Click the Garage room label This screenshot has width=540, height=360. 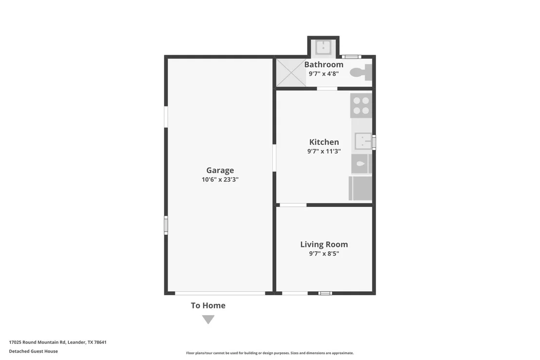pyautogui.click(x=220, y=170)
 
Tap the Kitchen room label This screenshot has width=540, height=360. pyautogui.click(x=324, y=142)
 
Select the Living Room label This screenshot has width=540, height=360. pyautogui.click(x=324, y=244)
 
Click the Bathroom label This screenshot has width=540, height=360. pyautogui.click(x=324, y=64)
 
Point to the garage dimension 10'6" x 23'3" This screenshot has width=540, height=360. pyautogui.click(x=220, y=180)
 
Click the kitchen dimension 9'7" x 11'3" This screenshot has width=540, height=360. pyautogui.click(x=324, y=151)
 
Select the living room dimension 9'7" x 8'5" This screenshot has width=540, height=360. pyautogui.click(x=324, y=254)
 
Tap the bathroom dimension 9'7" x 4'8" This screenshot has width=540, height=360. pyautogui.click(x=324, y=74)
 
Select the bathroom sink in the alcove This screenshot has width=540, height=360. pyautogui.click(x=324, y=48)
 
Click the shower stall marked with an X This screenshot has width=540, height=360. pyautogui.click(x=291, y=73)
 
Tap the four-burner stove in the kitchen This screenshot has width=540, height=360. pyautogui.click(x=361, y=105)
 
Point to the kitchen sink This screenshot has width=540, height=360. pyautogui.click(x=363, y=141)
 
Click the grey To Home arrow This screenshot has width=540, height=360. pyautogui.click(x=208, y=320)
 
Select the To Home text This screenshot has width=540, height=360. pyautogui.click(x=208, y=305)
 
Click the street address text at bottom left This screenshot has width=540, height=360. pyautogui.click(x=58, y=342)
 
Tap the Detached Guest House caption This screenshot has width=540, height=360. pyautogui.click(x=34, y=351)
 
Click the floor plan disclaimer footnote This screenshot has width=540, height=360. pyautogui.click(x=270, y=353)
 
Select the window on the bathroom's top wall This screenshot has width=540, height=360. pyautogui.click(x=351, y=57)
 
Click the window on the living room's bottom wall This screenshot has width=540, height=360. pyautogui.click(x=325, y=294)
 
